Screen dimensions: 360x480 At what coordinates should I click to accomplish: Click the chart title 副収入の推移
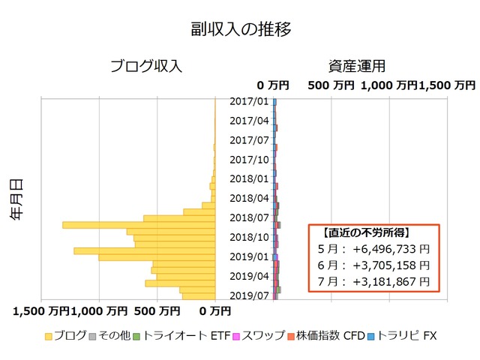point(240,30)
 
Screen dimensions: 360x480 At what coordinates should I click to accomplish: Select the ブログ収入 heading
point(146,66)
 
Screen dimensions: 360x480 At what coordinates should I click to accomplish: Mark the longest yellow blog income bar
point(139,224)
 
